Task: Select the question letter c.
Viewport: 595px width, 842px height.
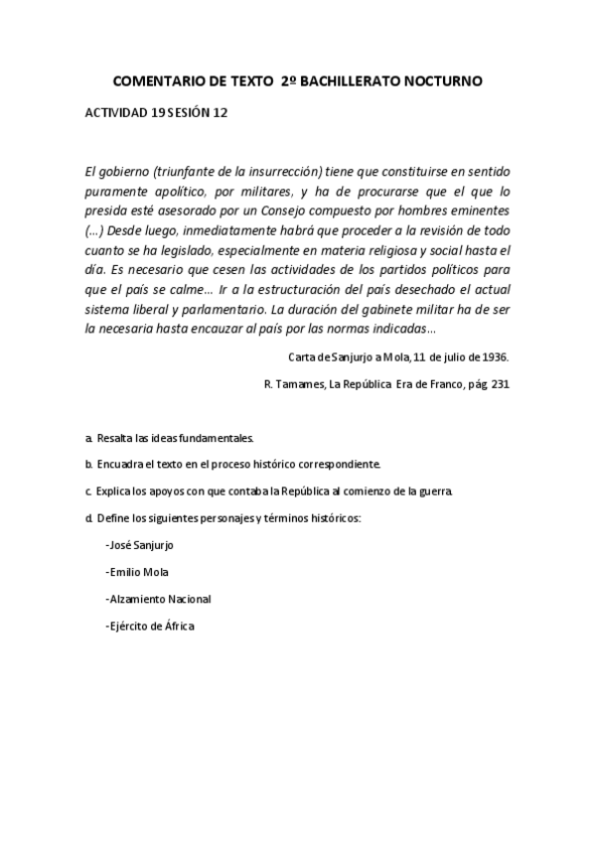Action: click(89, 491)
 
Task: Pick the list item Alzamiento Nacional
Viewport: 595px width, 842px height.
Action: click(158, 599)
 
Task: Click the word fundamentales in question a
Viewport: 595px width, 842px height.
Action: click(193, 437)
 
